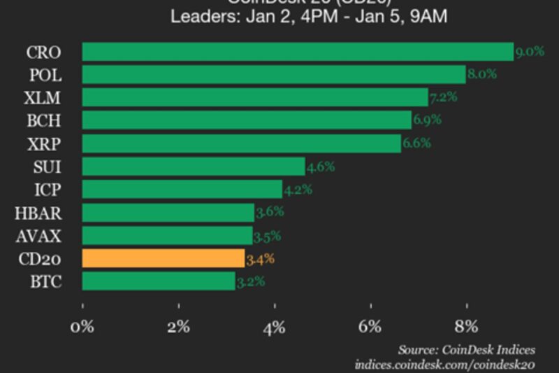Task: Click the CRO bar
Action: pyautogui.click(x=298, y=52)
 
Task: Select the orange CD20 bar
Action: pyautogui.click(x=164, y=259)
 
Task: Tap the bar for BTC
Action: pyautogui.click(x=159, y=281)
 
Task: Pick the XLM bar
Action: pyautogui.click(x=255, y=97)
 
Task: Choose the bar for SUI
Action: pyautogui.click(x=194, y=167)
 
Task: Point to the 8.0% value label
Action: pyautogui.click(x=482, y=74)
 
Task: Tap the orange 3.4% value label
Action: pyautogui.click(x=260, y=259)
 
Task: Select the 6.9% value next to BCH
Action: pyautogui.click(x=427, y=120)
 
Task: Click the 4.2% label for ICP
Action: pyautogui.click(x=298, y=189)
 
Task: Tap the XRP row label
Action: pyautogui.click(x=43, y=143)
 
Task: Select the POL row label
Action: pyautogui.click(x=43, y=75)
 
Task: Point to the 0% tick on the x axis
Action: pyautogui.click(x=82, y=327)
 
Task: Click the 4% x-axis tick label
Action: pyautogui.click(x=275, y=327)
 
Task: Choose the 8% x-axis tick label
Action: pyautogui.click(x=466, y=327)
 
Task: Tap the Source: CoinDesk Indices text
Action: pyautogui.click(x=466, y=349)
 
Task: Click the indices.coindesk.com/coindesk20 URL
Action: pyautogui.click(x=445, y=364)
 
